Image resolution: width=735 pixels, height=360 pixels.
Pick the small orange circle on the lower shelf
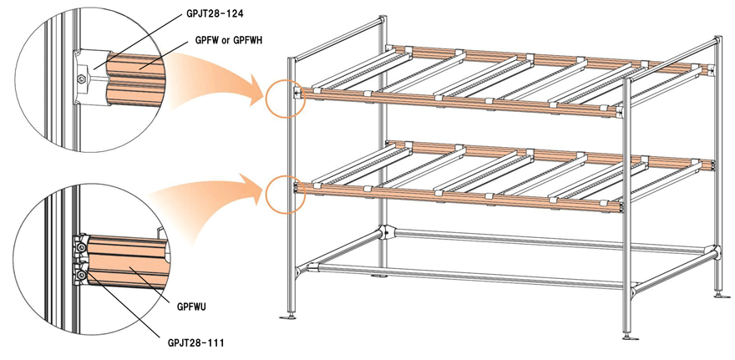coord(281,192)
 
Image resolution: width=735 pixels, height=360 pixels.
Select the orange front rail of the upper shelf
coord(459,101)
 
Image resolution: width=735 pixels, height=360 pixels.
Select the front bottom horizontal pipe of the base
coord(468,278)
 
